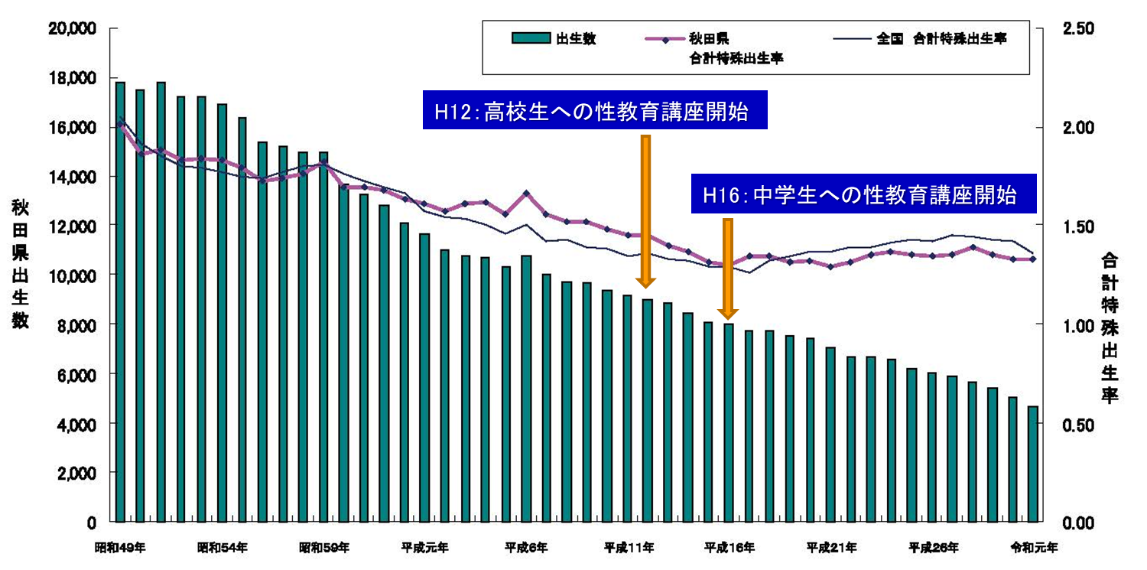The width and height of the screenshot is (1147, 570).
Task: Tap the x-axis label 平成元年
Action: tap(424, 548)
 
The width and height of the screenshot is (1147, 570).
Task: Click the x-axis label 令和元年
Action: tap(1034, 548)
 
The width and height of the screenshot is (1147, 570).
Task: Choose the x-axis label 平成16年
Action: tap(729, 548)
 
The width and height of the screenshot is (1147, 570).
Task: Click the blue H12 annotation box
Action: tap(595, 112)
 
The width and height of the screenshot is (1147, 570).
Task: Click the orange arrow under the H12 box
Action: tap(645, 210)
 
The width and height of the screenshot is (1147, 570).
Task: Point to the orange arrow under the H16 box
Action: tap(727, 268)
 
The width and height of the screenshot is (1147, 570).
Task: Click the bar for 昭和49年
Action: tap(120, 301)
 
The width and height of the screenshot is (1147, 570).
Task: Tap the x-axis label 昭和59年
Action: tap(323, 548)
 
